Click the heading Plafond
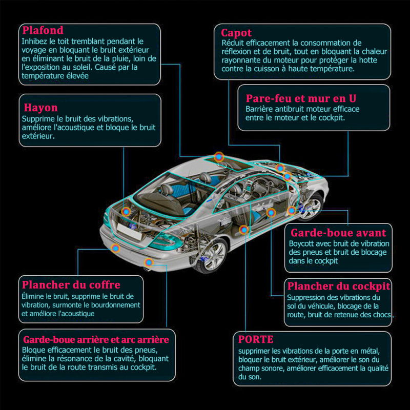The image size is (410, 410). pyautogui.click(x=43, y=30)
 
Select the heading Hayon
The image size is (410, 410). pyautogui.click(x=41, y=108)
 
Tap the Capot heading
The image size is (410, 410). pyautogui.click(x=236, y=33)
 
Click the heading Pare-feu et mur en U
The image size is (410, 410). pyautogui.click(x=301, y=98)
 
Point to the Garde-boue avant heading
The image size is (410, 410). pyautogui.click(x=338, y=233)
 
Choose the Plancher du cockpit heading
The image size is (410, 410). pyautogui.click(x=339, y=286)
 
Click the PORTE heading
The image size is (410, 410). pyautogui.click(x=256, y=339)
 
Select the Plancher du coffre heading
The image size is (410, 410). pyautogui.click(x=71, y=285)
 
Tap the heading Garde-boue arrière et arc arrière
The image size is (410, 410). pyautogui.click(x=96, y=340)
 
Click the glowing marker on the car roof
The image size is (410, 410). pyautogui.click(x=219, y=157)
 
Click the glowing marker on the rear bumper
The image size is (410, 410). pyautogui.click(x=115, y=248)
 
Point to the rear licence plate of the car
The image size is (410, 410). pyautogui.click(x=130, y=231)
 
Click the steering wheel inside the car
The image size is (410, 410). pyautogui.click(x=257, y=187)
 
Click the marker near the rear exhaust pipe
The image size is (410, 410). pyautogui.click(x=149, y=262)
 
